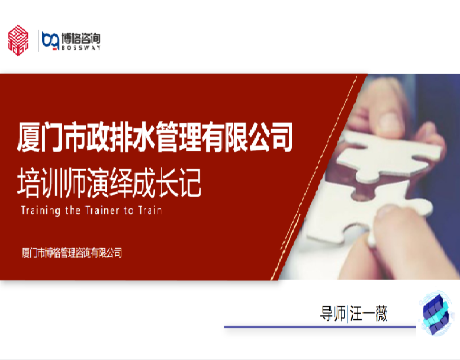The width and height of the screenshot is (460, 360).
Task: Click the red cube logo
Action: pos(18,40)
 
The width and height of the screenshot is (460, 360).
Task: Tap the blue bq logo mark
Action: pos(50,40)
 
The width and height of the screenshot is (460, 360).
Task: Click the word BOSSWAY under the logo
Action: pos(81,47)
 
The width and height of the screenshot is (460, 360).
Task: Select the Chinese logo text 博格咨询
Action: pos(81,38)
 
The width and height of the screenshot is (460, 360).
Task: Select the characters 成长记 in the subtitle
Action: pos(166,183)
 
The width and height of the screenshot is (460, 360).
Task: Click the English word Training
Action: pos(41,210)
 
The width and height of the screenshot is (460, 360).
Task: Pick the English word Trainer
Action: pos(102,210)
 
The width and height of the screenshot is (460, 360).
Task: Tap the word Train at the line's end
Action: pos(150,210)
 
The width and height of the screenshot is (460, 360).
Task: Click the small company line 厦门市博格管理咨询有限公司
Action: pos(72,253)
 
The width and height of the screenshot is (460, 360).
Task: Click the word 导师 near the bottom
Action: pos(333,314)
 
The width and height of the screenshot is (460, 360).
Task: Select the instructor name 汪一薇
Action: pos(368,314)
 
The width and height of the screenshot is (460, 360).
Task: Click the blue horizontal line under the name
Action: pos(320,327)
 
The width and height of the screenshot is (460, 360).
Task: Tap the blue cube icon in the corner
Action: pos(436,313)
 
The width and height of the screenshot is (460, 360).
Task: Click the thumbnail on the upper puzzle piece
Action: pos(390,120)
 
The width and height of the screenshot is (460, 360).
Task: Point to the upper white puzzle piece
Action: pos(387,153)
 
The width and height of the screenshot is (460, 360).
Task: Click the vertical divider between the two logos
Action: pos(38,41)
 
